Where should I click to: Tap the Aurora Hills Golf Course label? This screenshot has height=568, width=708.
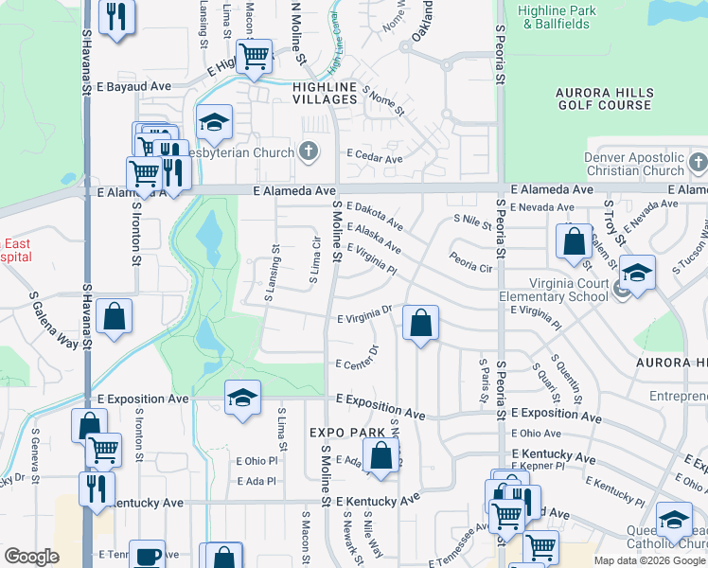591,98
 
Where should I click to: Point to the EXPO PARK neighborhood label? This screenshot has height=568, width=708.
347,433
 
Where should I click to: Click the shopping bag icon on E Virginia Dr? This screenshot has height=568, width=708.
419,323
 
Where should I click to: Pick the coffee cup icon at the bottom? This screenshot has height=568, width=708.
147,556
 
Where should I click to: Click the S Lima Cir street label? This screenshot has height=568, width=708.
317,257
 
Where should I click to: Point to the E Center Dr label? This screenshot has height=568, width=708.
357,364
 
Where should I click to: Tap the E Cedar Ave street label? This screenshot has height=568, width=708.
375,157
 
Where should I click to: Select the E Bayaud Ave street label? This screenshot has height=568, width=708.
133,86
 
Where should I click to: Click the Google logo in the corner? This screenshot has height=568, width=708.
31,557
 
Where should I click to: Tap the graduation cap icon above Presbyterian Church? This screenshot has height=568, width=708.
215,121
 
